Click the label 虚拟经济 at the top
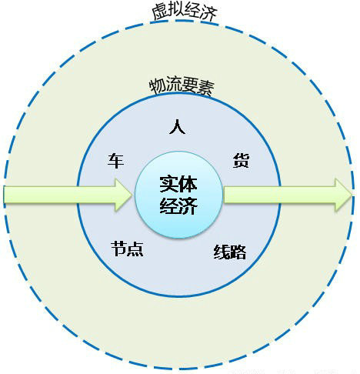click(x=185, y=12)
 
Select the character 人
click(x=177, y=127)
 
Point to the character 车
click(x=116, y=161)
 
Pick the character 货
click(x=241, y=161)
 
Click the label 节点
click(x=127, y=249)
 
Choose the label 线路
click(x=230, y=252)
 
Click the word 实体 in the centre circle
click(x=178, y=184)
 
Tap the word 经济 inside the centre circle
click(x=178, y=205)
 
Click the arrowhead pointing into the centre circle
click(x=122, y=195)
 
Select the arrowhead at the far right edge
click(x=343, y=195)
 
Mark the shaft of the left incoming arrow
click(x=59, y=195)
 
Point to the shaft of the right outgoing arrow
click(x=279, y=195)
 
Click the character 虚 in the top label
click(x=159, y=12)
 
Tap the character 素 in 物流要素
click(x=207, y=88)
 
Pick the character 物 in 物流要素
click(x=158, y=85)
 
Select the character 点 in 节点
click(x=135, y=249)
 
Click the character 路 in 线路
click(x=238, y=252)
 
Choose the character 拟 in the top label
click(x=176, y=10)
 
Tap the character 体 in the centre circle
click(x=188, y=184)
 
